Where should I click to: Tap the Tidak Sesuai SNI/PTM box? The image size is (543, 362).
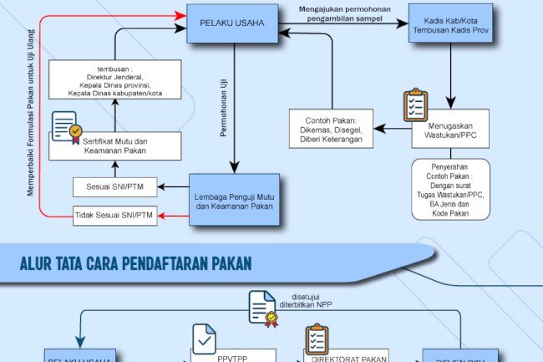pos(114,215)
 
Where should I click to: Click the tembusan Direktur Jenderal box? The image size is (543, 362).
pos(114,80)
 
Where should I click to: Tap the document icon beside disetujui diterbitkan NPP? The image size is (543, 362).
pos(263,307)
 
